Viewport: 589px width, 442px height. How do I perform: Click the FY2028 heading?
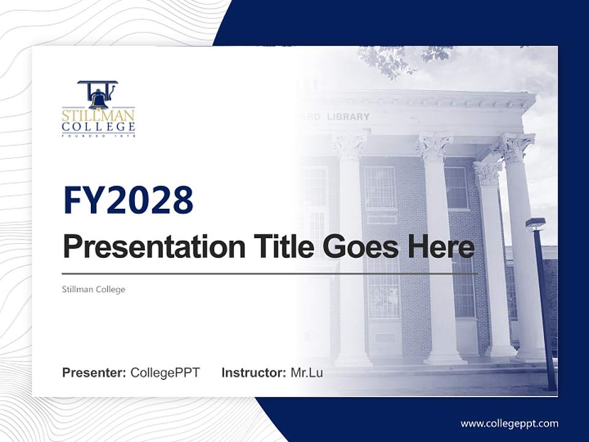(128, 200)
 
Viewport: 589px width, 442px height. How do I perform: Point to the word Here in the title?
(441, 247)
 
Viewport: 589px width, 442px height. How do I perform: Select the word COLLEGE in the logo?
(98, 127)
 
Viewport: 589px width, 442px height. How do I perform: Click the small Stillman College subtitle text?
(93, 289)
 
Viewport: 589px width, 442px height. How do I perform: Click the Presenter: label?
(94, 373)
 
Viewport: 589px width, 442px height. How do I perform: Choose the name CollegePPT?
(165, 373)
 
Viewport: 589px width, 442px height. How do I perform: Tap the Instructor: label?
(253, 373)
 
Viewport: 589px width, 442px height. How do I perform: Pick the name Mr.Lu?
(307, 373)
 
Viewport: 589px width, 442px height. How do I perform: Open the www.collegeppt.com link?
(509, 424)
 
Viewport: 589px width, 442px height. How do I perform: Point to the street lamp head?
(535, 224)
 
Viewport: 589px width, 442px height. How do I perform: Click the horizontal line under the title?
(270, 274)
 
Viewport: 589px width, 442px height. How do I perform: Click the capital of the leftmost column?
(350, 146)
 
